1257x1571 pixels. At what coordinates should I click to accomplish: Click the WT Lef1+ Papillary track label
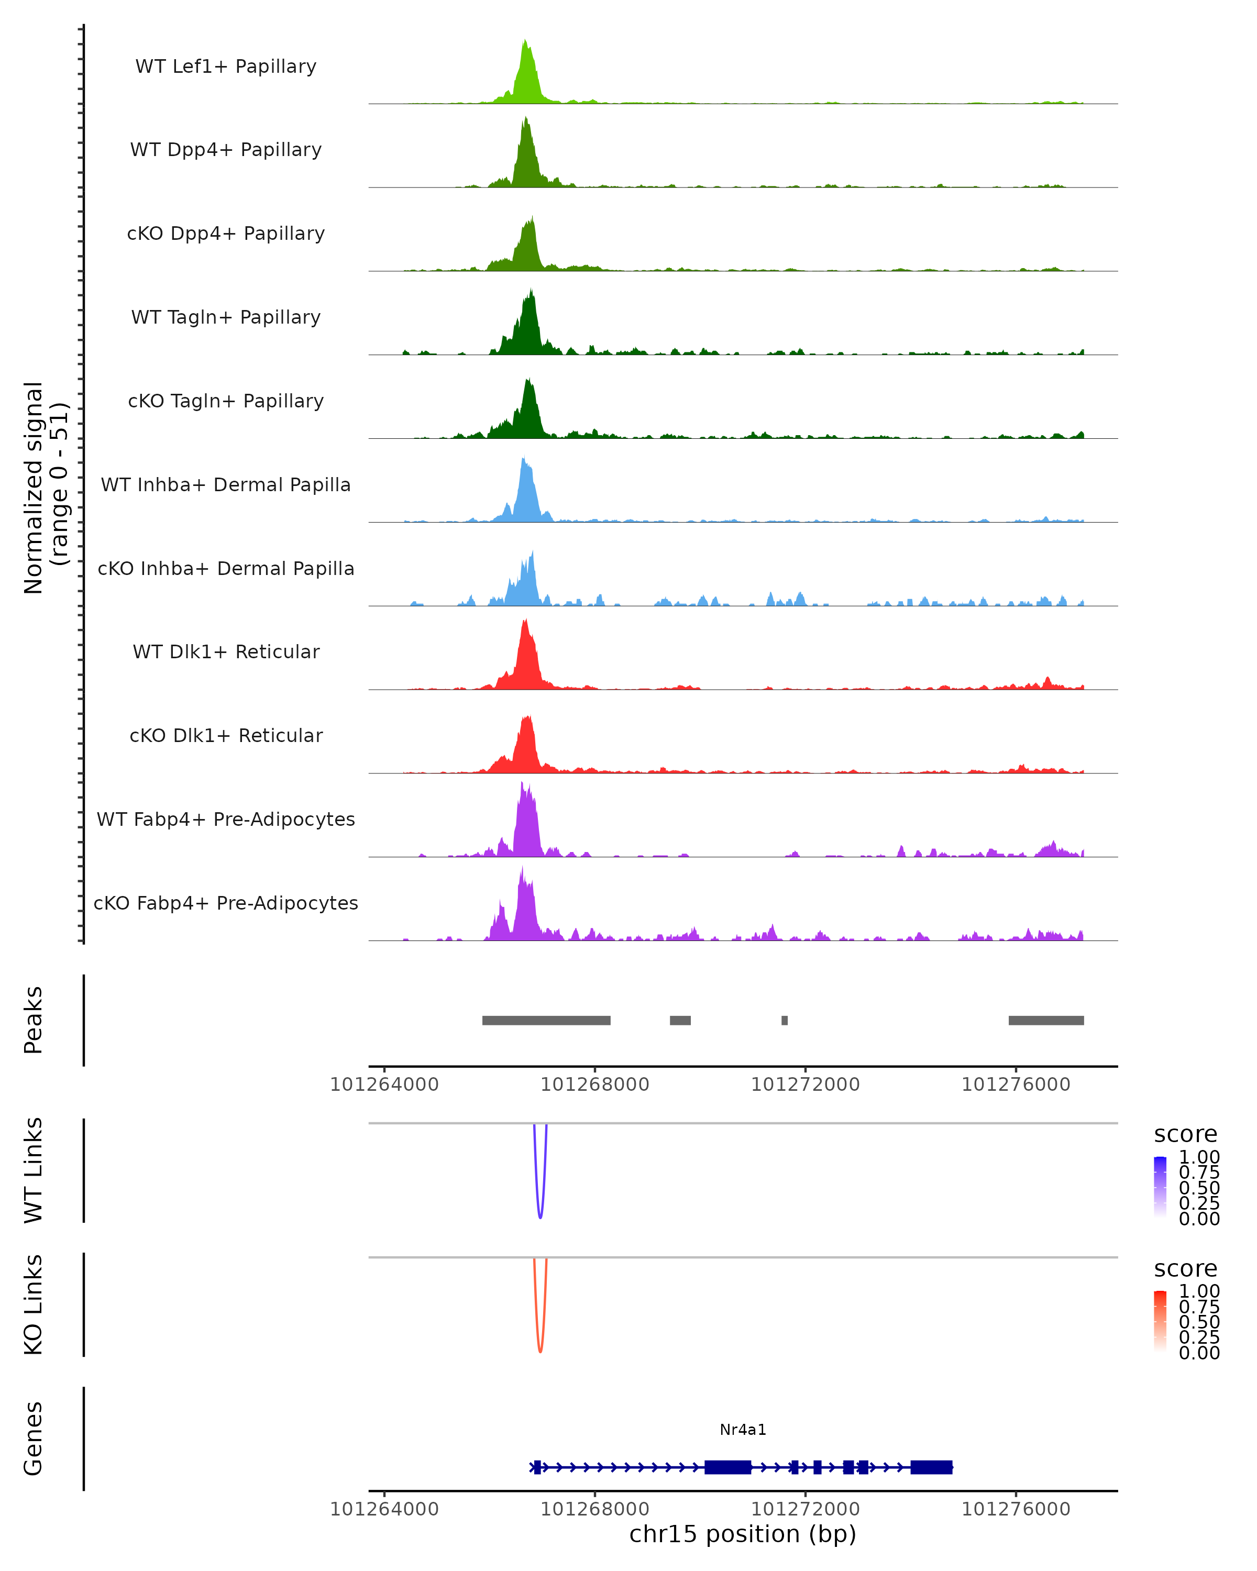pyautogui.click(x=226, y=67)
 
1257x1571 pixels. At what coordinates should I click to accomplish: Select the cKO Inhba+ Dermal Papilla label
pyautogui.click(x=226, y=568)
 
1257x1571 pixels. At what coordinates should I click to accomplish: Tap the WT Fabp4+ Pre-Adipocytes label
pyautogui.click(x=226, y=819)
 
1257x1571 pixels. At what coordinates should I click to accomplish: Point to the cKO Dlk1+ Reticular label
pyautogui.click(x=226, y=735)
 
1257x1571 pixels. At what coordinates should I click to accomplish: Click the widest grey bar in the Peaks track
pyautogui.click(x=546, y=1020)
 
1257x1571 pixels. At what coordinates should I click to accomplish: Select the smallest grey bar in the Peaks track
pyautogui.click(x=784, y=1020)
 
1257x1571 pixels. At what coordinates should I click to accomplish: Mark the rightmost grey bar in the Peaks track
pyautogui.click(x=1046, y=1020)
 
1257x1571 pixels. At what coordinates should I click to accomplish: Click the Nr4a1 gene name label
pyautogui.click(x=743, y=1430)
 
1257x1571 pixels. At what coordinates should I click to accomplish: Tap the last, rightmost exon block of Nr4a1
pyautogui.click(x=931, y=1467)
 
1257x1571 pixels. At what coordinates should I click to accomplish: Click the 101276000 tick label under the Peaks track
pyautogui.click(x=1016, y=1085)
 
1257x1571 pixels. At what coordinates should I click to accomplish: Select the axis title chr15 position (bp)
pyautogui.click(x=743, y=1534)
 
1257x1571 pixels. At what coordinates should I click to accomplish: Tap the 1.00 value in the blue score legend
pyautogui.click(x=1199, y=1157)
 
